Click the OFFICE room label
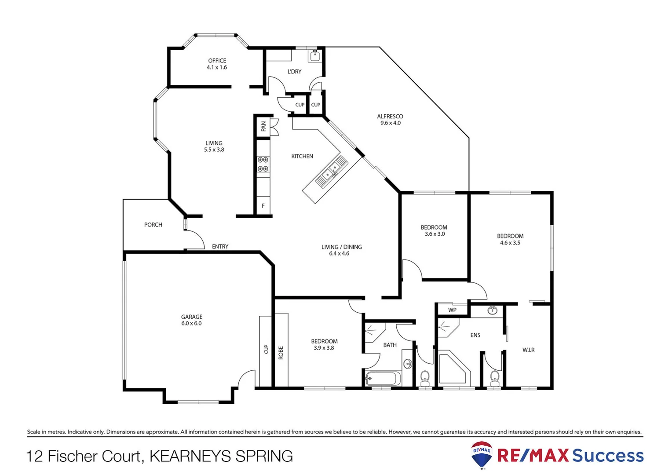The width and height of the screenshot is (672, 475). coord(217,64)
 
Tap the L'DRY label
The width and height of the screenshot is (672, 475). coord(294,72)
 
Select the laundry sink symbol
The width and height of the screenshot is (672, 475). coord(315,55)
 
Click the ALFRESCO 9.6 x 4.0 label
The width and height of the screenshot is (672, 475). coord(390,120)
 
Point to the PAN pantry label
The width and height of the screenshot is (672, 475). coord(263,127)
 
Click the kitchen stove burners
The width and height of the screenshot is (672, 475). coord(263,164)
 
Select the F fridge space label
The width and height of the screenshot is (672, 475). coord(263,206)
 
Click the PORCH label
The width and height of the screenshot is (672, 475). coord(153,225)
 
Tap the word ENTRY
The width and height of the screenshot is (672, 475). coord(220,247)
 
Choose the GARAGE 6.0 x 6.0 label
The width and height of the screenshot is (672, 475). coord(192,320)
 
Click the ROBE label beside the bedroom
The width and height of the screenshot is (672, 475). coord(281,353)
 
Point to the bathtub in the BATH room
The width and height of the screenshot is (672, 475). coord(383,379)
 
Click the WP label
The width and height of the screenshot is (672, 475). coord(452,310)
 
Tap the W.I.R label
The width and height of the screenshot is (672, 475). coord(528,350)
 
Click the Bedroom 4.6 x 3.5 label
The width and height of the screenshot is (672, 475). coord(510,239)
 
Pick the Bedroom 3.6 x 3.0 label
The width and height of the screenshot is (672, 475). coord(434,230)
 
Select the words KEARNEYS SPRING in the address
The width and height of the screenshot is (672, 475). coord(221,456)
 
